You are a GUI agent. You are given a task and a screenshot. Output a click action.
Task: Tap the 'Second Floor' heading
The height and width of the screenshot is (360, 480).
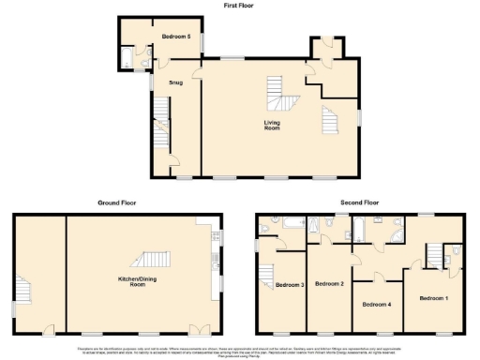click(x=359, y=202)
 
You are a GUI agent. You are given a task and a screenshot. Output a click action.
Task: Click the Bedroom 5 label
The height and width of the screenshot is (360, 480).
click(x=175, y=37)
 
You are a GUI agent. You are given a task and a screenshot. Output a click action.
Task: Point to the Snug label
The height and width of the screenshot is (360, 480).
click(x=175, y=83)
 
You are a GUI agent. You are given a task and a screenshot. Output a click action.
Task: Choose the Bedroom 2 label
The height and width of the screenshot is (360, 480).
click(x=329, y=283)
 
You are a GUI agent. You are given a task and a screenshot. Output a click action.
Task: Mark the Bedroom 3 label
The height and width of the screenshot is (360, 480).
click(x=290, y=285)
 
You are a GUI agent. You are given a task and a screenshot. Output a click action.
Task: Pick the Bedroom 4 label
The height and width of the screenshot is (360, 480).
click(x=378, y=305)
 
